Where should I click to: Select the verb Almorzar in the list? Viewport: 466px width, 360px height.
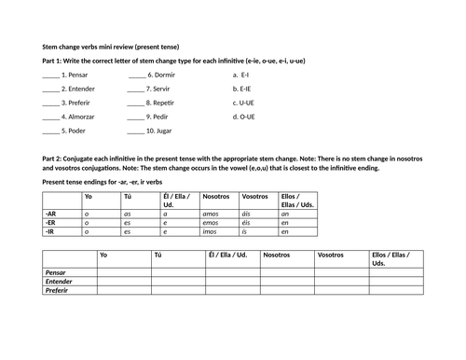tap(83, 118)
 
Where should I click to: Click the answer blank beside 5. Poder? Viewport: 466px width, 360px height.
tap(51, 132)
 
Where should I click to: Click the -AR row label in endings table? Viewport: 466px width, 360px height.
tap(51, 214)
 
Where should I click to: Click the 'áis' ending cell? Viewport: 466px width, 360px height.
tap(247, 214)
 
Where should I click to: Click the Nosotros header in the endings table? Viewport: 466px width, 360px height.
tap(215, 196)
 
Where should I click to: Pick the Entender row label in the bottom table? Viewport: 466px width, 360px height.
tap(59, 281)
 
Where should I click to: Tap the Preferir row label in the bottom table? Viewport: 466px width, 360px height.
tap(58, 290)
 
